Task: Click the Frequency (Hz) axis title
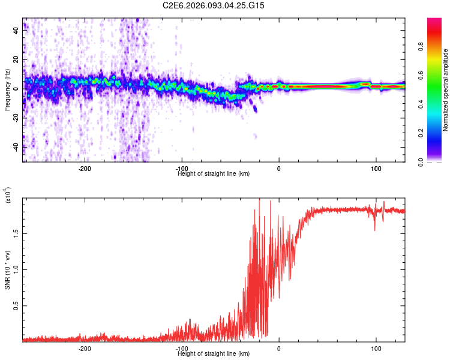click(x=7, y=90)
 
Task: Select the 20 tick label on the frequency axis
click(x=16, y=60)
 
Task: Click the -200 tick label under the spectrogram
click(x=85, y=169)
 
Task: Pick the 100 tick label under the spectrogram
click(x=376, y=169)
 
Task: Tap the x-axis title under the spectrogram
click(x=214, y=173)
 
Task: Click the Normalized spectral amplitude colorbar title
click(x=446, y=90)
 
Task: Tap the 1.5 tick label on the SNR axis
click(x=16, y=232)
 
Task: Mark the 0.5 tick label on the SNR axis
click(x=16, y=305)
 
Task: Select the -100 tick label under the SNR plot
click(x=182, y=349)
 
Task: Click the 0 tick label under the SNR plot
click(x=279, y=349)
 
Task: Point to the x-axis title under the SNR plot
click(x=214, y=353)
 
